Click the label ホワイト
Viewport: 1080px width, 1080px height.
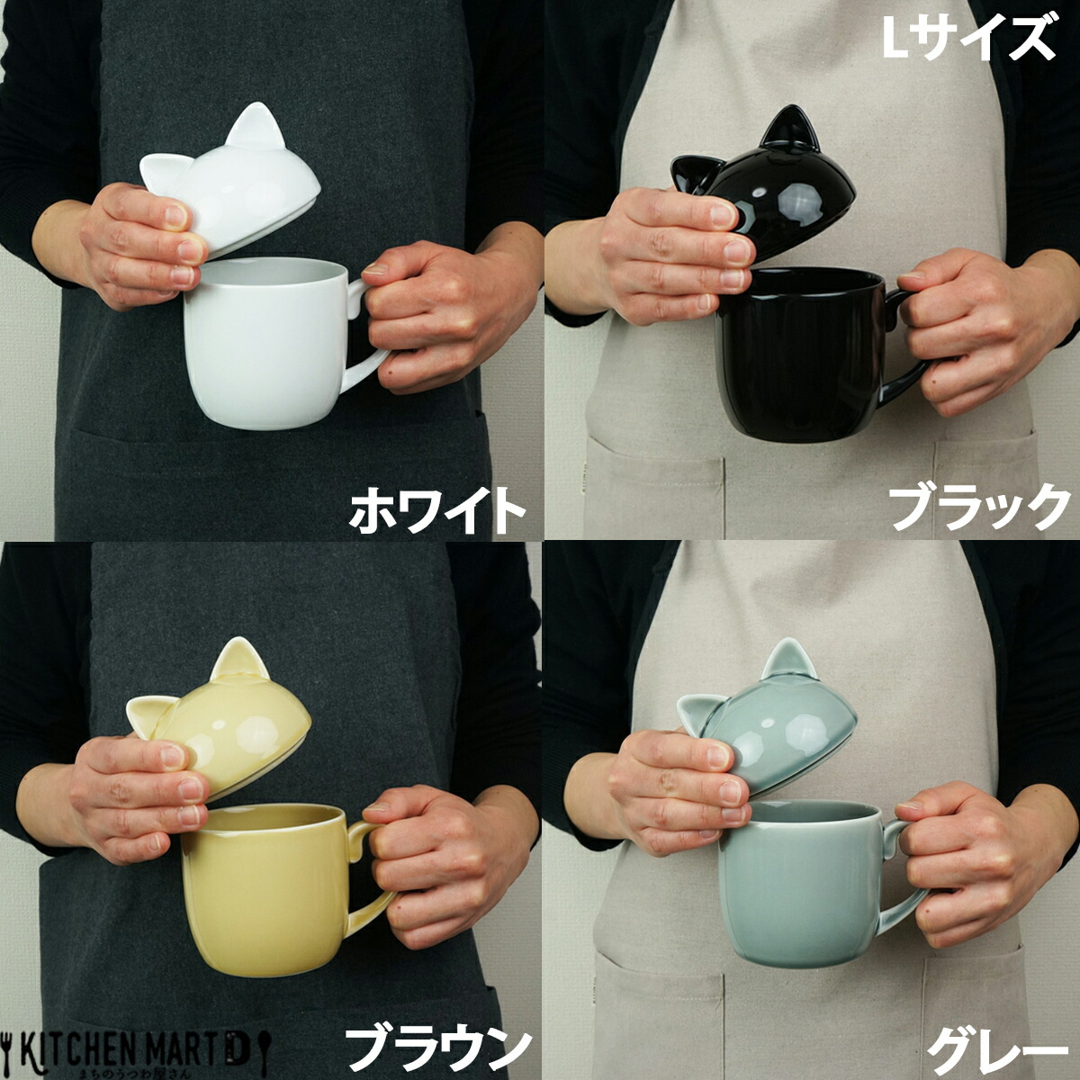tap(436, 508)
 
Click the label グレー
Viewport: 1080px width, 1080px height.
tap(990, 1044)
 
